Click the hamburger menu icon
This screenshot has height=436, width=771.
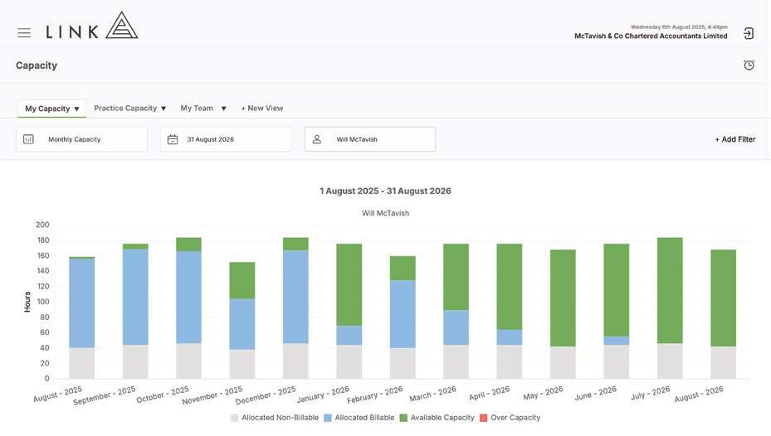24,33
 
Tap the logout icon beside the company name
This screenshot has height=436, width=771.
749,33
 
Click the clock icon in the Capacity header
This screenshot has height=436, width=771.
749,65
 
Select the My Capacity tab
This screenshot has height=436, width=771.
51,109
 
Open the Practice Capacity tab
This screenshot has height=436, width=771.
129,108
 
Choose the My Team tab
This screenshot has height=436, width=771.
203,108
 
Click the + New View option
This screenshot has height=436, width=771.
262,108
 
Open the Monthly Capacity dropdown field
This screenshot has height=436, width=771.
81,139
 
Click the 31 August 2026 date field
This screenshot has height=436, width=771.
226,139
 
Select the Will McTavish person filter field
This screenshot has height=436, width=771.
370,139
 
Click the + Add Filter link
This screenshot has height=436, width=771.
735,139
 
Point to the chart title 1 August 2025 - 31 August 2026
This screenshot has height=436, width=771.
385,191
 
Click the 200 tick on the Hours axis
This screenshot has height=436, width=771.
42,225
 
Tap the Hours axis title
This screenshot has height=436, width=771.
27,302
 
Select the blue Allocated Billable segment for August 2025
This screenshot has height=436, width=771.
81,303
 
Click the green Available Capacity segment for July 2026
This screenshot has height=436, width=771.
670,291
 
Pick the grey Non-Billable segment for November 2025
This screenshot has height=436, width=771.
242,364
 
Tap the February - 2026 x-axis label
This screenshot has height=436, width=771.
374,395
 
